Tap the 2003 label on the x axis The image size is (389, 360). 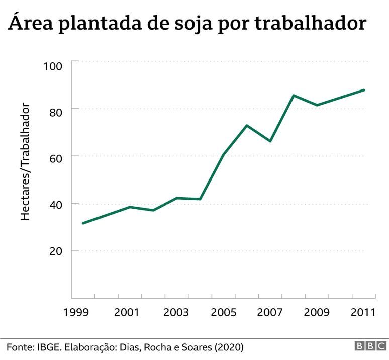tap(174, 313)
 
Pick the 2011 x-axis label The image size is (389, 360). tap(363, 313)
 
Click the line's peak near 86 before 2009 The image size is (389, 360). tap(294, 95)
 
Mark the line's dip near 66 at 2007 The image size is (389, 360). tap(270, 141)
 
